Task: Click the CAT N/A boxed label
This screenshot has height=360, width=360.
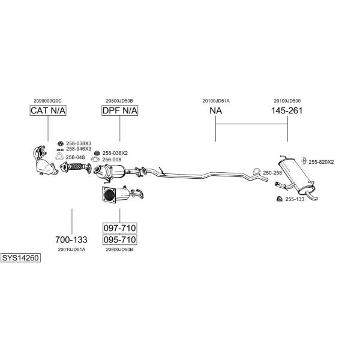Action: point(48,110)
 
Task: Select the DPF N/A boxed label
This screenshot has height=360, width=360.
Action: point(120,110)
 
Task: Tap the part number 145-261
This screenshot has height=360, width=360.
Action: point(287,110)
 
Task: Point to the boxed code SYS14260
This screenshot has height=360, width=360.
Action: point(20,258)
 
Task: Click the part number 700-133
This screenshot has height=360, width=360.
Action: point(71,239)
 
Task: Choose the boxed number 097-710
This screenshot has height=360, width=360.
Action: point(120,228)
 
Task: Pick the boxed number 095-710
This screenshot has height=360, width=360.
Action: point(120,239)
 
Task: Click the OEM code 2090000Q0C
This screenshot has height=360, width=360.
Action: point(47,101)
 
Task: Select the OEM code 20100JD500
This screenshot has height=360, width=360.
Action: point(287,101)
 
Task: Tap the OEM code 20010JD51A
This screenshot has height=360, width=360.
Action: point(71,250)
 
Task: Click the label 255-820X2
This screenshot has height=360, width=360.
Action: point(321,162)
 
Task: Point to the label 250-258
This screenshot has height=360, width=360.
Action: point(272,173)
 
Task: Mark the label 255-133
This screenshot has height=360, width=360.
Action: point(295,199)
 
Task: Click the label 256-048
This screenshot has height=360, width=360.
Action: point(76,157)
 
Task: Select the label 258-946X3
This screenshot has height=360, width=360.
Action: point(79,149)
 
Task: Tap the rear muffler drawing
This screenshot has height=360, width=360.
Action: point(296,178)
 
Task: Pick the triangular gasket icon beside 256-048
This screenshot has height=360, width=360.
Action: point(59,157)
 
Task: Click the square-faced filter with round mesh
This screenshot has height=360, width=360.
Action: point(109,194)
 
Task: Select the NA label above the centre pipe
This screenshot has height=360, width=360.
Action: point(216,110)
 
